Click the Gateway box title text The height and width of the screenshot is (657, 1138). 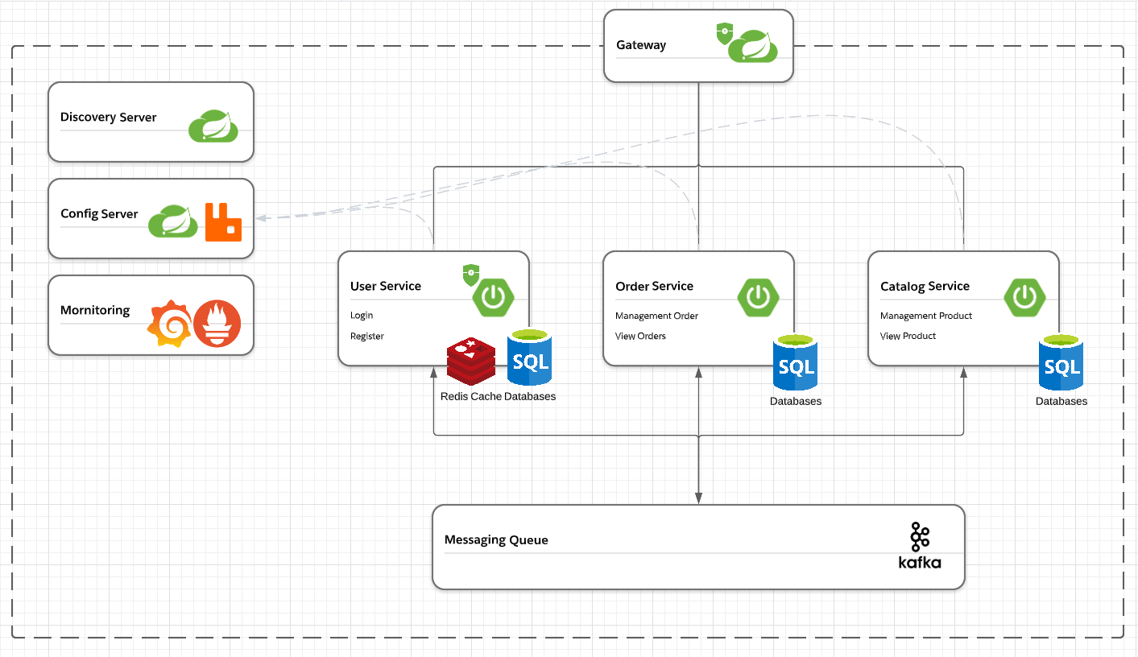click(x=641, y=45)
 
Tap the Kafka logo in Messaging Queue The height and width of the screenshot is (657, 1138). click(x=920, y=546)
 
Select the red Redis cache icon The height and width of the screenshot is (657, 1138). click(x=471, y=360)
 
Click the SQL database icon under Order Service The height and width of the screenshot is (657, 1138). click(x=795, y=362)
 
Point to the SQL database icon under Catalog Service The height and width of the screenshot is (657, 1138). click(x=1061, y=362)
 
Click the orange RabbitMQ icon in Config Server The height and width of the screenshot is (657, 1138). click(x=223, y=222)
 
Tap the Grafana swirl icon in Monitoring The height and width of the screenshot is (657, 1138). click(x=169, y=323)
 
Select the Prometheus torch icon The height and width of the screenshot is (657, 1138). click(x=217, y=323)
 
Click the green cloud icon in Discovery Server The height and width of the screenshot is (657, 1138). click(x=213, y=126)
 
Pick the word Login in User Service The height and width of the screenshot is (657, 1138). click(x=362, y=316)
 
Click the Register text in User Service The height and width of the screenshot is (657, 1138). click(x=367, y=337)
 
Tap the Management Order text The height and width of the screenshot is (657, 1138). click(x=656, y=316)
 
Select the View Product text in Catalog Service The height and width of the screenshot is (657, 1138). click(x=908, y=337)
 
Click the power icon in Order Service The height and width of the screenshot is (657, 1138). click(x=758, y=297)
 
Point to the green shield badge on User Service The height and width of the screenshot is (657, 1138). click(x=471, y=275)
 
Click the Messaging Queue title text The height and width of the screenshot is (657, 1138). click(x=496, y=540)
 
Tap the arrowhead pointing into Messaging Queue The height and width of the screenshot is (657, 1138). click(x=698, y=498)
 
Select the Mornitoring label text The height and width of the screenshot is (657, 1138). click(x=95, y=311)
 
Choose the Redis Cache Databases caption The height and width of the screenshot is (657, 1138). click(x=498, y=396)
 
